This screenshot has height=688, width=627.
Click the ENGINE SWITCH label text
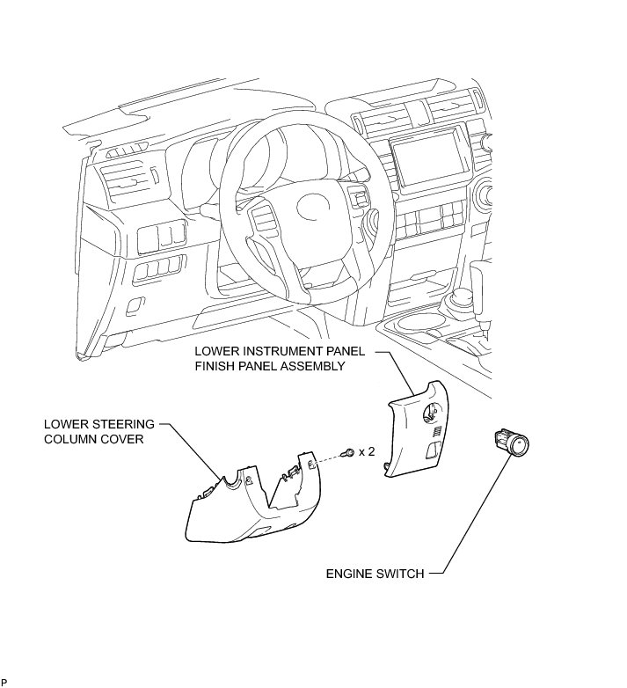(x=375, y=574)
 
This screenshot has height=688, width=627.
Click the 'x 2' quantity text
(x=367, y=451)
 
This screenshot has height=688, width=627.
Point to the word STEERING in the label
(x=123, y=423)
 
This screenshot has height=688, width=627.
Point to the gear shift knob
(x=461, y=302)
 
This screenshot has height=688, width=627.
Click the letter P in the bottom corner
(x=4, y=682)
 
